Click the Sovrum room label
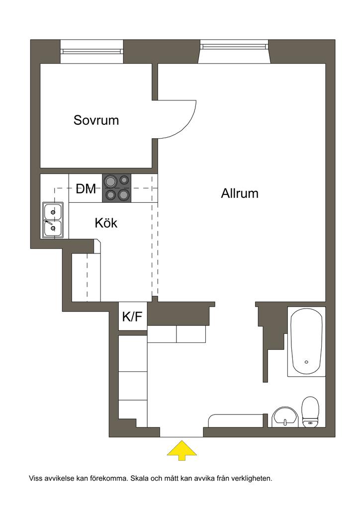tap(96, 120)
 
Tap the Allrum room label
tap(240, 193)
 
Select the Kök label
tap(106, 223)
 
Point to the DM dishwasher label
tap(86, 188)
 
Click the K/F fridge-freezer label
tap(132, 317)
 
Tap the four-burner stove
tap(117, 188)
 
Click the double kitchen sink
tap(53, 220)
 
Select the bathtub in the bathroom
tap(306, 342)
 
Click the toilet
tap(310, 412)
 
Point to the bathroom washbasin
tap(284, 417)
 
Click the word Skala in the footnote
tap(138, 478)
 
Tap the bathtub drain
tap(306, 362)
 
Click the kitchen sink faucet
tap(49, 222)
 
